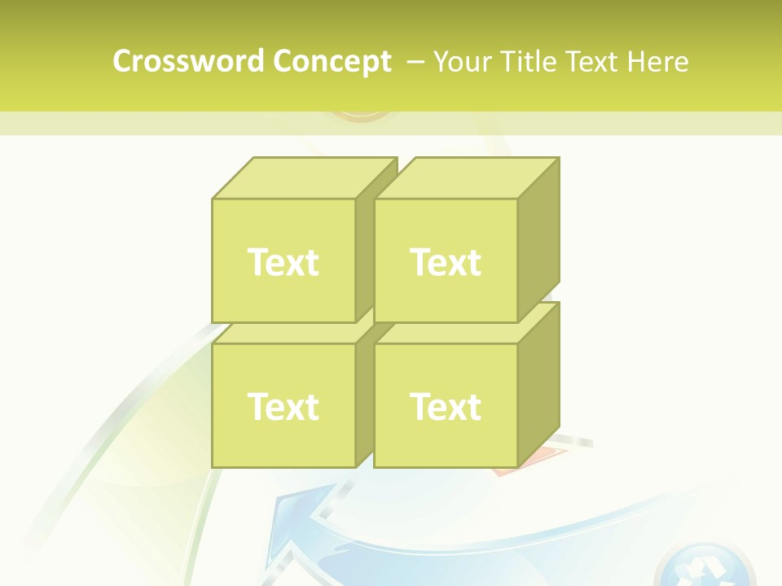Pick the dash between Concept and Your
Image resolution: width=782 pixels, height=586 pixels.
[414, 62]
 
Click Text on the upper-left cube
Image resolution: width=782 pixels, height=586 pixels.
[283, 262]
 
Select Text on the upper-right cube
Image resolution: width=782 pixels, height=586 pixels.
[446, 262]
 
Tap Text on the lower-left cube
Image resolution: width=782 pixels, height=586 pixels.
[283, 406]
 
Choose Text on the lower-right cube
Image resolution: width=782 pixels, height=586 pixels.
[446, 406]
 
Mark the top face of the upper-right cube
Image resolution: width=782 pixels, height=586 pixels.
[466, 178]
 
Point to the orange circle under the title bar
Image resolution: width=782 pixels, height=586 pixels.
[362, 116]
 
